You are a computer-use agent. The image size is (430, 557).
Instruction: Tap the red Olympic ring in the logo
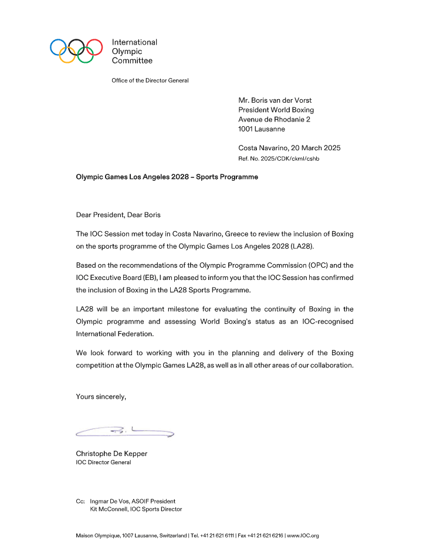94,46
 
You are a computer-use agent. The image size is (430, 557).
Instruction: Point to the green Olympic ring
85,55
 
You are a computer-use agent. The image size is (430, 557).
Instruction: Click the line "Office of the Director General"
150,80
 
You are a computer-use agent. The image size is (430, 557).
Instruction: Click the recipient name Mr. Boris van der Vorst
276,100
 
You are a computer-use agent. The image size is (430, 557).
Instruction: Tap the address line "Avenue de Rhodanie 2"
274,119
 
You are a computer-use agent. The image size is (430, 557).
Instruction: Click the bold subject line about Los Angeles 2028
167,177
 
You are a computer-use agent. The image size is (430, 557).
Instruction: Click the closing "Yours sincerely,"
101,397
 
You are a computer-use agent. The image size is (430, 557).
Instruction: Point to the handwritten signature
125,433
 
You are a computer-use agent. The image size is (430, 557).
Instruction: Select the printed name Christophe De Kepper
112,454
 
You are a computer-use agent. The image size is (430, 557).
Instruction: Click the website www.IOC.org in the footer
303,536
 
